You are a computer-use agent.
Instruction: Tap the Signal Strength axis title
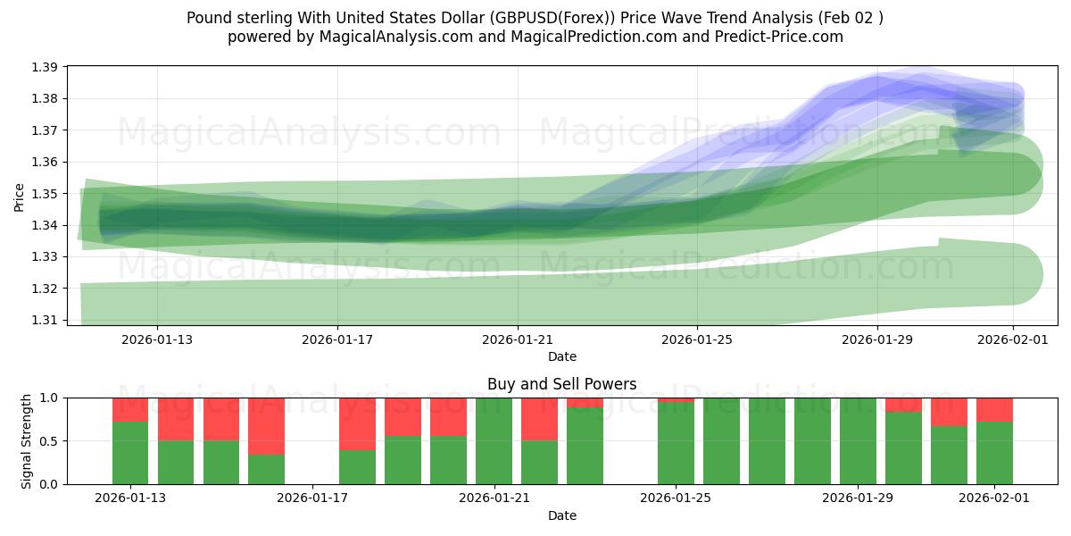(x=27, y=440)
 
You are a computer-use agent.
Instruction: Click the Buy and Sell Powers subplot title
(x=561, y=384)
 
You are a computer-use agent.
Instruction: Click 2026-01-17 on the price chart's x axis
(x=337, y=339)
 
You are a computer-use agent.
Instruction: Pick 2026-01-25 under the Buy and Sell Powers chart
(x=676, y=498)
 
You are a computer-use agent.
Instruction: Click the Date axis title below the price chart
(x=561, y=356)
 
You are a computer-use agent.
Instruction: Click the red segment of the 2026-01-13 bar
(x=130, y=409)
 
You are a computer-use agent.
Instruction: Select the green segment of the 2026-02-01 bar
(x=994, y=453)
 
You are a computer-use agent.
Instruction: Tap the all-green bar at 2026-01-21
(x=494, y=440)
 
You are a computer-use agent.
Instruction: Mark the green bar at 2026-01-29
(x=858, y=440)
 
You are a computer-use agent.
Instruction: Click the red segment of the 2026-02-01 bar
(x=994, y=409)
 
